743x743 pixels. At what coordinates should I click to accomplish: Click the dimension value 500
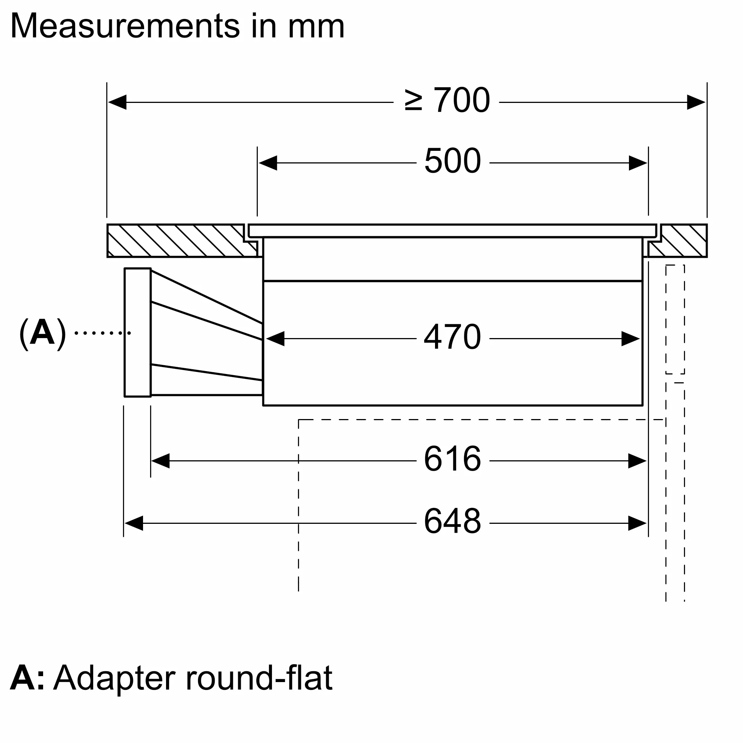click(x=452, y=161)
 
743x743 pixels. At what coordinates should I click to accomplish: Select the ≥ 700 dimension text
click(x=447, y=100)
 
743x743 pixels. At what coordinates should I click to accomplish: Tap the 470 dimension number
click(x=452, y=337)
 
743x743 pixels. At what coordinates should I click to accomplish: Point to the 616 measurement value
click(x=452, y=459)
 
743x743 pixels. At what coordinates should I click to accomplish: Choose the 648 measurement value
click(x=452, y=521)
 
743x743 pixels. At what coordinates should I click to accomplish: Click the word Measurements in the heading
click(x=125, y=26)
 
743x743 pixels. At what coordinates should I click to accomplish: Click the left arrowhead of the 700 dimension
click(x=117, y=102)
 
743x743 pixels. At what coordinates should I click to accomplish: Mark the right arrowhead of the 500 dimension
click(x=637, y=163)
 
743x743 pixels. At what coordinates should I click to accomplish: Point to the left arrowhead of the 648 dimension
click(x=134, y=523)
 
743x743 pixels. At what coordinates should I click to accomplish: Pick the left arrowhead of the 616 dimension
click(x=160, y=461)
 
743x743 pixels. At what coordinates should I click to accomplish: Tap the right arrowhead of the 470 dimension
click(x=630, y=339)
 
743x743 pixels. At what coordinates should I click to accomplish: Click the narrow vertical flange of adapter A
click(x=138, y=332)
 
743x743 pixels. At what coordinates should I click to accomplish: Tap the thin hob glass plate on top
click(x=452, y=231)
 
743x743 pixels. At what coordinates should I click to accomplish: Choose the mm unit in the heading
click(x=316, y=26)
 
